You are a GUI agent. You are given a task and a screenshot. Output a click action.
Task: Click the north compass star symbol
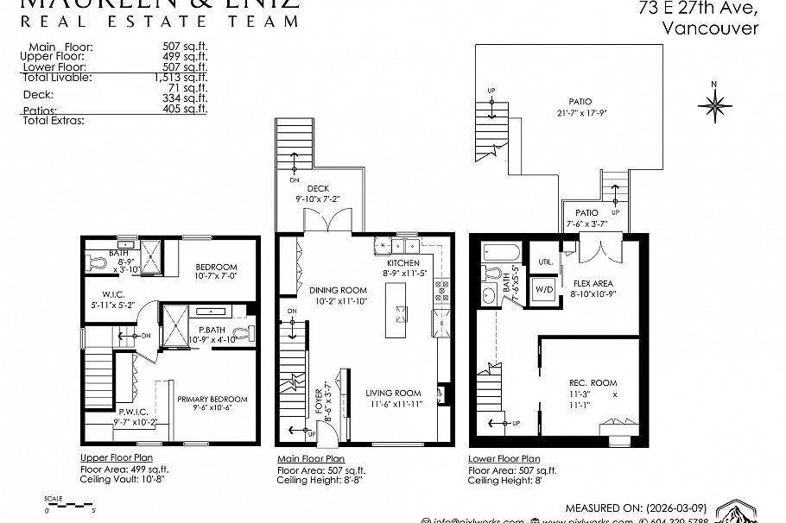point(714,105)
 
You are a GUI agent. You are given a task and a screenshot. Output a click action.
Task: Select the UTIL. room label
point(545,261)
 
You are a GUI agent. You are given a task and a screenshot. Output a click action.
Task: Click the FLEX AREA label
point(593,283)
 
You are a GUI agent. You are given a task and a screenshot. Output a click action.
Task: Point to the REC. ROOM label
point(593,383)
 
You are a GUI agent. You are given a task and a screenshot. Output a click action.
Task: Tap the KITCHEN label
point(403,262)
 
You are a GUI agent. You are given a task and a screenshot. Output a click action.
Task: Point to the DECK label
point(318,189)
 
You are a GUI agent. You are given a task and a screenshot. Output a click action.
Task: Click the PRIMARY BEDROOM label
point(212,399)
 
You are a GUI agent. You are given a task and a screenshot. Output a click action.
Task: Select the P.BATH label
point(212,330)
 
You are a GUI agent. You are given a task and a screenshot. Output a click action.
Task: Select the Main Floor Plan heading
point(310,458)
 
